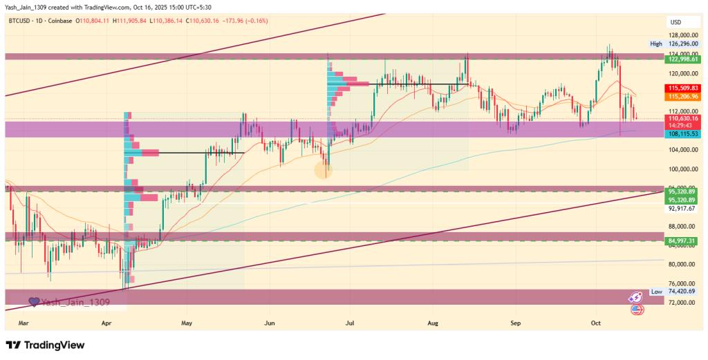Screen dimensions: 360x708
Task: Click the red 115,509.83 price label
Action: tap(682, 88)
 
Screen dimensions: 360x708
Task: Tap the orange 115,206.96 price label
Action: tap(682, 97)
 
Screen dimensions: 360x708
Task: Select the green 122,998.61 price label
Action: tap(682, 59)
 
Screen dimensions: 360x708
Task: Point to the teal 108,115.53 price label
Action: tap(682, 133)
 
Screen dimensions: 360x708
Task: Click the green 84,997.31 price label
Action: tap(682, 240)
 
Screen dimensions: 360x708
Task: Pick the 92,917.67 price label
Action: tap(682, 207)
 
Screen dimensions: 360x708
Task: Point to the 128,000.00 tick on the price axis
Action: tap(682, 35)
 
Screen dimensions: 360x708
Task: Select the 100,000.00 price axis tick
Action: tap(682, 169)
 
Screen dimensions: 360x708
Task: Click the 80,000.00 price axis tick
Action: tap(682, 264)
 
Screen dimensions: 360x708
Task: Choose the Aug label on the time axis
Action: tap(434, 322)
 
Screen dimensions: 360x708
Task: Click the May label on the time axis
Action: tap(186, 322)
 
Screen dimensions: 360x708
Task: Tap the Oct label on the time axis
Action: tap(596, 322)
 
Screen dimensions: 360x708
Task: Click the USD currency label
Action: tap(676, 22)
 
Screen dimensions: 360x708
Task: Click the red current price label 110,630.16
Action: tap(682, 119)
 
